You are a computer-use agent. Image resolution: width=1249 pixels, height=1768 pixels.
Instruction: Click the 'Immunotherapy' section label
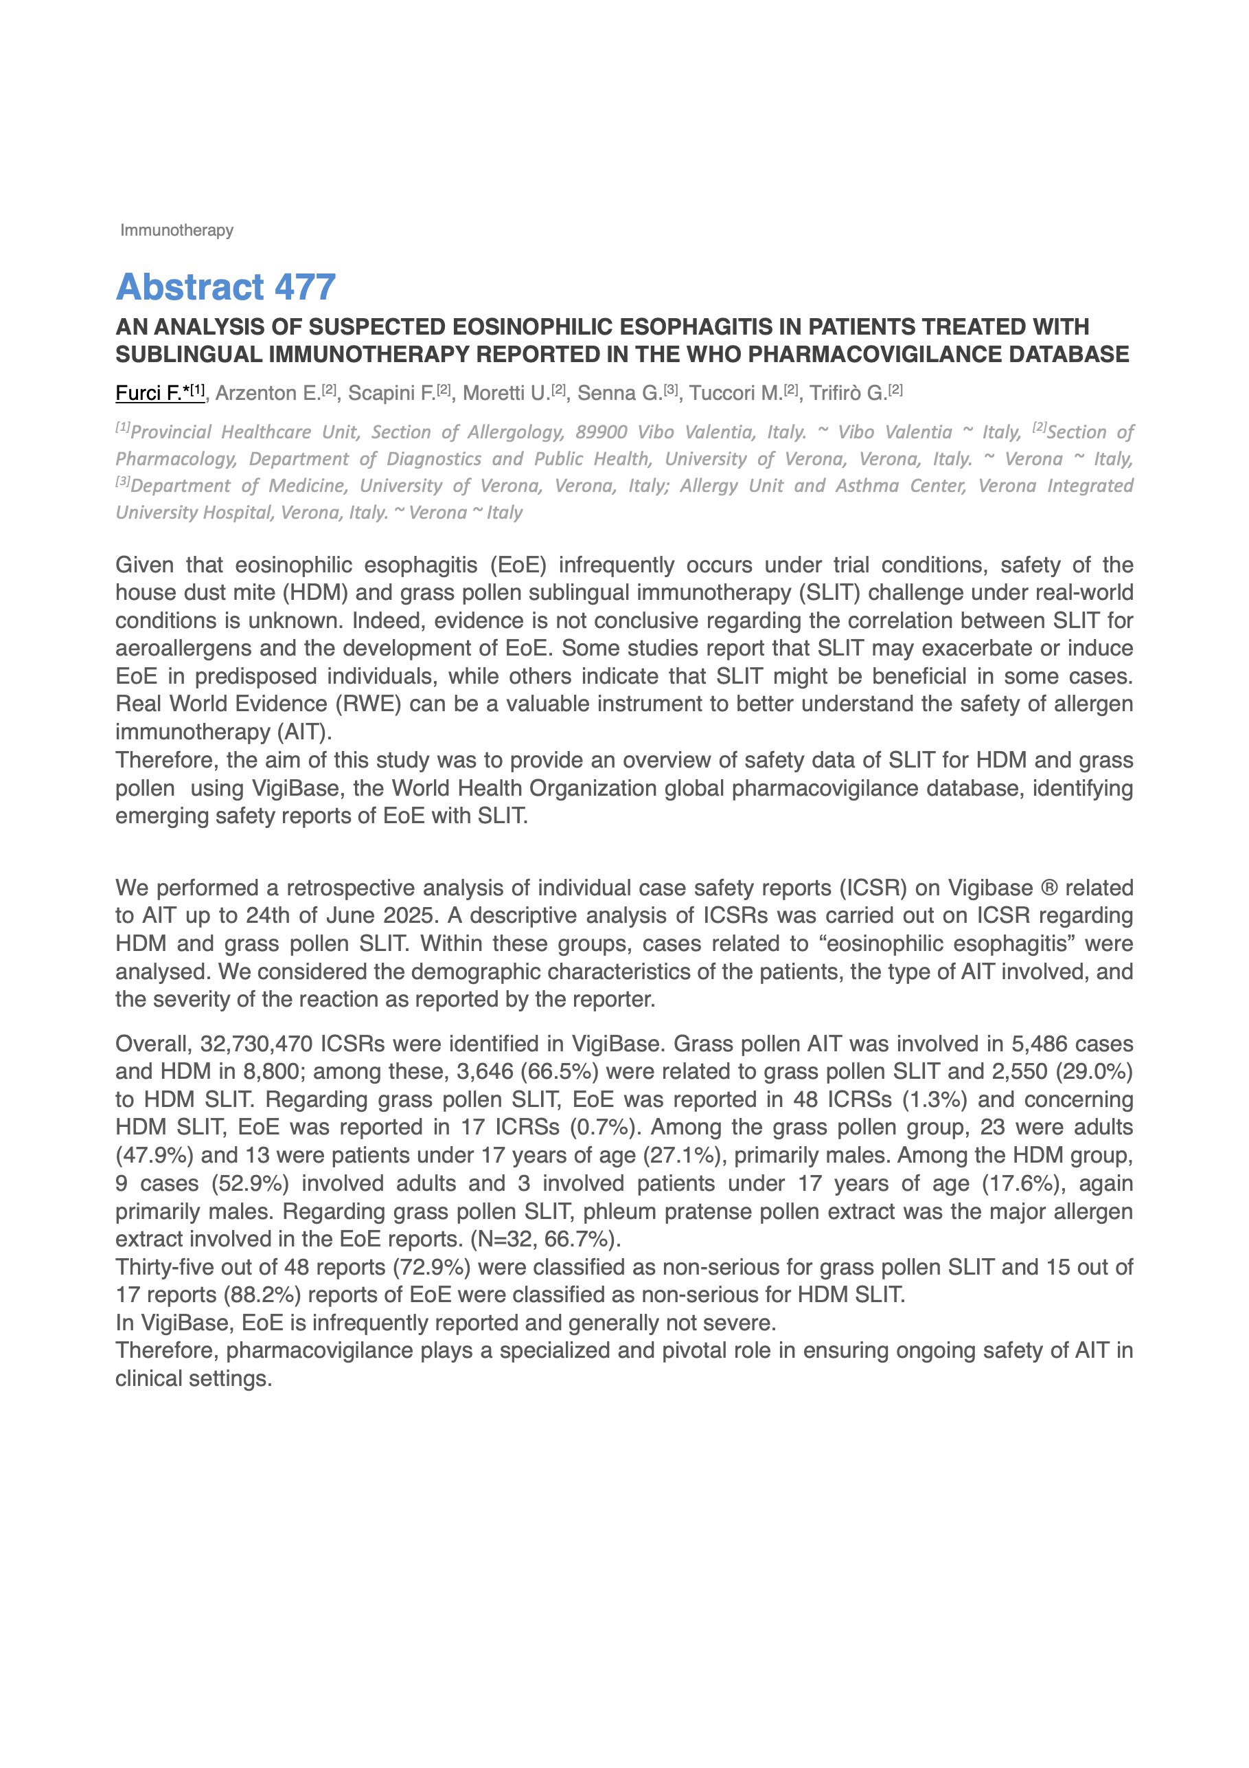coord(176,230)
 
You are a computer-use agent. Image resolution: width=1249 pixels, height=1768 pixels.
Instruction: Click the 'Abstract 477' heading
coord(225,287)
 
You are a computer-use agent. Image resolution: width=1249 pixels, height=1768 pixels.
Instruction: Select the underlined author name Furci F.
coord(159,393)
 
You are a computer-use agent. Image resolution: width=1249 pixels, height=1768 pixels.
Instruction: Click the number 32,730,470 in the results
coord(256,1044)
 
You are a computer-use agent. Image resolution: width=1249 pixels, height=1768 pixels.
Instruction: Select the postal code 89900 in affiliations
coord(601,432)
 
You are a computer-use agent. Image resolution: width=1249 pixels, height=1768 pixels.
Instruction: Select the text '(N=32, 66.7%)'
coord(546,1239)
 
